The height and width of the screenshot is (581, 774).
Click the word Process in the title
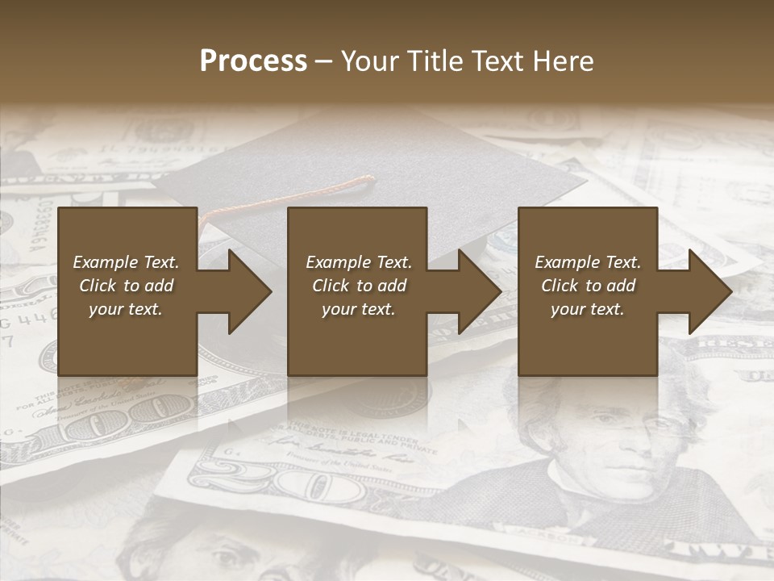coord(253,61)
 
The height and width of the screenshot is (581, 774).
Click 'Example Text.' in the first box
coord(126,262)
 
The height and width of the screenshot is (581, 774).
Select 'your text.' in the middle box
coord(358,309)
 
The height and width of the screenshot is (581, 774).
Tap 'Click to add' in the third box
coord(588,286)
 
